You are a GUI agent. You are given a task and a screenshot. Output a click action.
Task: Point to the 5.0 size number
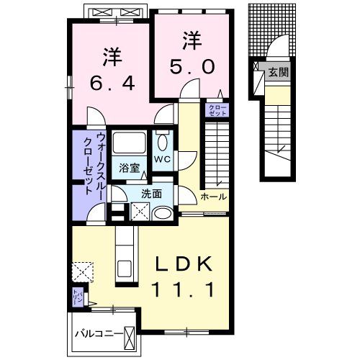pos(192,66)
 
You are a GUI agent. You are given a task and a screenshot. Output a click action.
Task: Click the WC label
pos(161,158)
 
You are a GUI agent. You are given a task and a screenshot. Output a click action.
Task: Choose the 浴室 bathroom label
pos(129,165)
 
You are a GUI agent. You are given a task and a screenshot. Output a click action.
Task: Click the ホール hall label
pos(214,196)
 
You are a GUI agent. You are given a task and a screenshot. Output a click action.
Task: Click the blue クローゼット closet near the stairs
pos(217,110)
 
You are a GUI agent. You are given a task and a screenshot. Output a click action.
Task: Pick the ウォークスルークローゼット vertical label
pos(95,166)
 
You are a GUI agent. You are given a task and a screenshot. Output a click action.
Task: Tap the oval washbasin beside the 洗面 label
pos(162,212)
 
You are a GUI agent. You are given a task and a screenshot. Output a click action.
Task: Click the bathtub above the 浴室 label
pos(130,141)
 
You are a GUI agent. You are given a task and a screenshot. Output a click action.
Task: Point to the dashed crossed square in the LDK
pos(81,270)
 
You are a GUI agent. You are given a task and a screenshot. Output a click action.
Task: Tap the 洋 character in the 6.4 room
pos(110,55)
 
